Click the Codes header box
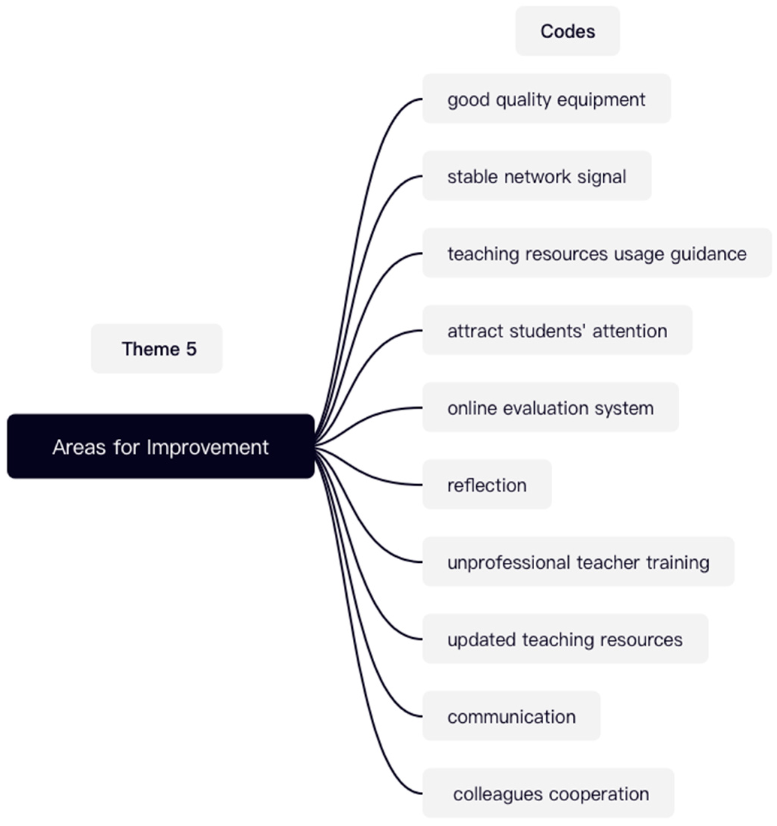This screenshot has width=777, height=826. (x=567, y=31)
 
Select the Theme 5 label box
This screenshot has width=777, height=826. (x=157, y=349)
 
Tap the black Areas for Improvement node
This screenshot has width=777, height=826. (x=161, y=447)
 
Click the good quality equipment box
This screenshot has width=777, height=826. (x=546, y=99)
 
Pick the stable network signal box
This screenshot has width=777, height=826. (x=537, y=176)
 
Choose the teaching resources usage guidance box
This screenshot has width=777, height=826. (x=597, y=254)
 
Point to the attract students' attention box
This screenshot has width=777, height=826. (x=557, y=331)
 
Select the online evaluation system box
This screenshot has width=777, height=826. (x=550, y=408)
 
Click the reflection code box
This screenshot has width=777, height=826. (x=487, y=485)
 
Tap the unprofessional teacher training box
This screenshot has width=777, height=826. (x=578, y=562)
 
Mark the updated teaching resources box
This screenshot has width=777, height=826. (x=565, y=639)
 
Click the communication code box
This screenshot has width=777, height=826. (x=511, y=716)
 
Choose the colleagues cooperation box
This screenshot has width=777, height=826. (x=548, y=794)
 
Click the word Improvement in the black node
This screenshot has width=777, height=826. (x=207, y=447)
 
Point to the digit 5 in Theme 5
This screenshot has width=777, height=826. (x=191, y=349)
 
